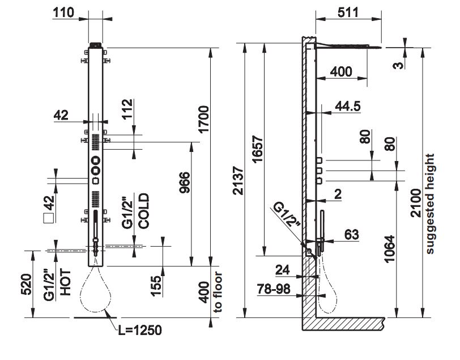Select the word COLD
point(143,211)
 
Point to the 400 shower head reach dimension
point(340,71)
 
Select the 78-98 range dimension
point(274,290)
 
